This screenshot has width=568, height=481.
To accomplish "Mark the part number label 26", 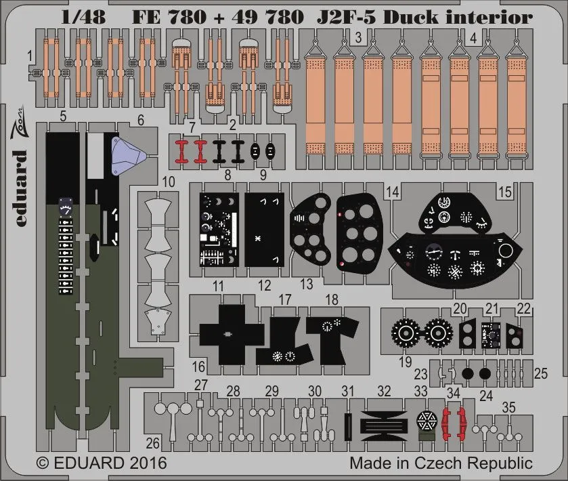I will pyautogui.click(x=152, y=444).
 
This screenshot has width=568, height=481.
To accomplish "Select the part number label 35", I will pyautogui.click(x=509, y=407).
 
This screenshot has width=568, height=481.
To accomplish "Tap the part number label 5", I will pyautogui.click(x=62, y=117).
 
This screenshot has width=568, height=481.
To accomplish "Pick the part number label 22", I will pyautogui.click(x=523, y=308).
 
